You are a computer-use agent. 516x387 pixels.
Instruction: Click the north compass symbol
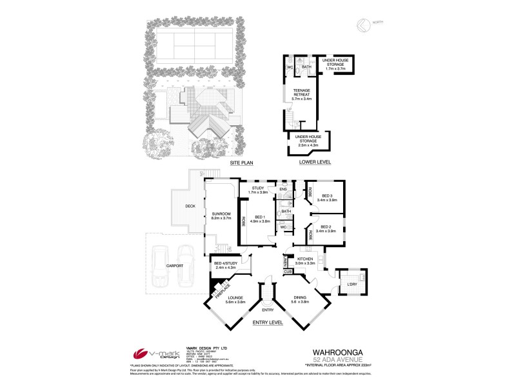point(362,25)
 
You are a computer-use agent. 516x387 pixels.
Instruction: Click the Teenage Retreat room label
point(302,94)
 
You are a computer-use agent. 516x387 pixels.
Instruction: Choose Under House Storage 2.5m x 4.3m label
point(309,141)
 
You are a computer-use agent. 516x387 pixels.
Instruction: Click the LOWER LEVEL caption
point(315,163)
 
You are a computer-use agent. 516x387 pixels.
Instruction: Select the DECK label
point(190,206)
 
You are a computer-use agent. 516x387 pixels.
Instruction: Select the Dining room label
point(301,299)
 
